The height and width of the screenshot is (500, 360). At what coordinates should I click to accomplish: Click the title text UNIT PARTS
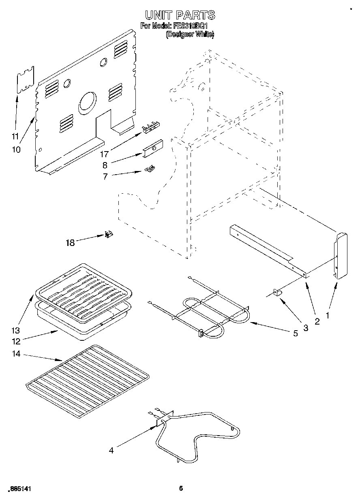click(x=180, y=15)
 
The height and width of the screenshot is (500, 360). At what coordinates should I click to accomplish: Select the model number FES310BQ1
click(x=191, y=26)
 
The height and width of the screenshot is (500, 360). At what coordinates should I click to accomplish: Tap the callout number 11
click(x=15, y=136)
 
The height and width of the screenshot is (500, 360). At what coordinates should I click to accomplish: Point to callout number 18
click(x=71, y=243)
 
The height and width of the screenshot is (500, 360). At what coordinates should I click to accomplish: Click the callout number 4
click(x=111, y=450)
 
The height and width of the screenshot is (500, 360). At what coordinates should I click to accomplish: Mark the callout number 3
click(x=305, y=329)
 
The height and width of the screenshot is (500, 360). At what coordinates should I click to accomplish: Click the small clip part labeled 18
click(x=109, y=234)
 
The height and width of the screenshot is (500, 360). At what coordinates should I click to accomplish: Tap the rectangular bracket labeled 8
click(x=153, y=148)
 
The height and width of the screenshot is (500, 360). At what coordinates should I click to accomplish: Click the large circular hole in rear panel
click(x=88, y=101)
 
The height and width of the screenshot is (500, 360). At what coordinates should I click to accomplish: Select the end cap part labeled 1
click(x=341, y=256)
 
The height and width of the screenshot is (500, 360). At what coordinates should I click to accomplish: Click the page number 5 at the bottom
click(x=181, y=488)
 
